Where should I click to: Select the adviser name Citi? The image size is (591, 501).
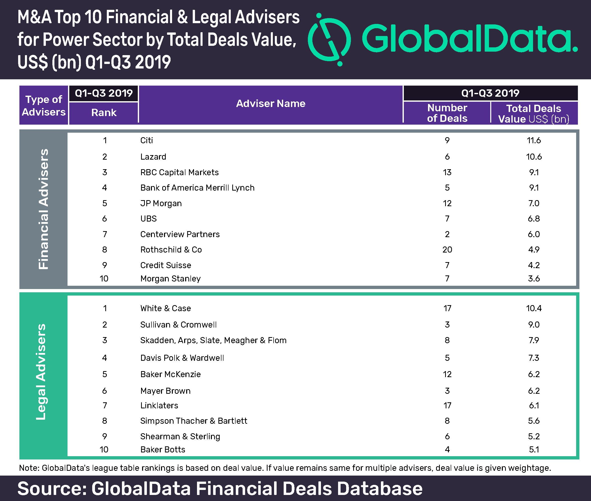tap(147, 140)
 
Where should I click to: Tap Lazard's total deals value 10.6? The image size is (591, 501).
tap(534, 157)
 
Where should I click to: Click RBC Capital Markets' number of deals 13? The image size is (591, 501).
tap(447, 172)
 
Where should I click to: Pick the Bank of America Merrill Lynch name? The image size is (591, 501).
tap(197, 188)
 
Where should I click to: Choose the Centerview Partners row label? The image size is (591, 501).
tap(180, 234)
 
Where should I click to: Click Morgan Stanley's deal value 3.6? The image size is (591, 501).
tap(534, 279)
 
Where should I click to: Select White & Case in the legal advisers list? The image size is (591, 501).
tap(165, 308)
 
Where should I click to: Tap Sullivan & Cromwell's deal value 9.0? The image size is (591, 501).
tap(534, 325)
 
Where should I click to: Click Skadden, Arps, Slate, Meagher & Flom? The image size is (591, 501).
tap(213, 340)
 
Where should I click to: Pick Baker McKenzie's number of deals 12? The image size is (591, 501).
tap(447, 374)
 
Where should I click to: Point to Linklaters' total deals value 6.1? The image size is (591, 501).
tap(534, 406)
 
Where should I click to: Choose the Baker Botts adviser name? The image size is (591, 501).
tap(162, 450)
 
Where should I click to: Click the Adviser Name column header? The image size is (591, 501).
tap(271, 104)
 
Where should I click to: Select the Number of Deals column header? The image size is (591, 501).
tap(447, 113)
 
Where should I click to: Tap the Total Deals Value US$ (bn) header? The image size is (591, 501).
tap(534, 114)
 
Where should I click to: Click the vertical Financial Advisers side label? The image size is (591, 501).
tap(44, 209)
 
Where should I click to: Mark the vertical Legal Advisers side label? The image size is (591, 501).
tap(41, 372)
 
